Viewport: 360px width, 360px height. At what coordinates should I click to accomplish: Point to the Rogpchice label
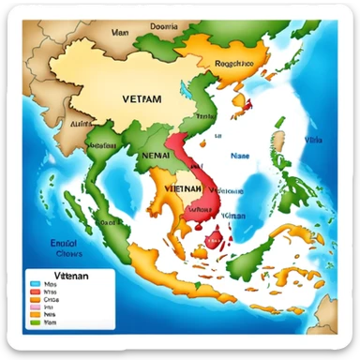(234, 65)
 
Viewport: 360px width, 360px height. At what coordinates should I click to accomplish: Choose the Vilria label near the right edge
(312, 141)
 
